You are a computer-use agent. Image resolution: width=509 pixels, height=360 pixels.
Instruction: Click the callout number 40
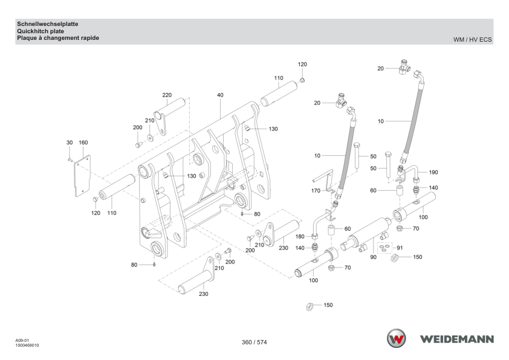click(220, 95)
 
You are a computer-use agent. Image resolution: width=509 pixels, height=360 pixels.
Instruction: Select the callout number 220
click(167, 95)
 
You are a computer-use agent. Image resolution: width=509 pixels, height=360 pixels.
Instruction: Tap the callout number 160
click(83, 143)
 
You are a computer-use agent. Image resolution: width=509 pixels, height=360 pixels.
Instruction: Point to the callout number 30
click(70, 143)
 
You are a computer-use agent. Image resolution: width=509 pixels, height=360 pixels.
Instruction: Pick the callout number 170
click(316, 191)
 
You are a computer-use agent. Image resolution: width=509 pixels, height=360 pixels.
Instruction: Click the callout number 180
click(300, 236)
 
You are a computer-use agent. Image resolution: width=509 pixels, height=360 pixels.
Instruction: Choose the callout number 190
click(433, 172)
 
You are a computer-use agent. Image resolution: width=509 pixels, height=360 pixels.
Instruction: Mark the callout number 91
click(400, 248)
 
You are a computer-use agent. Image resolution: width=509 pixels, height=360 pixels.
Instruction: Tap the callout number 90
click(374, 257)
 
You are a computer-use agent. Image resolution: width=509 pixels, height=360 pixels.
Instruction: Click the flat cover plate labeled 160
click(82, 176)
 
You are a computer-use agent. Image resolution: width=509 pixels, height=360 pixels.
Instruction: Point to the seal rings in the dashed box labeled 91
click(384, 247)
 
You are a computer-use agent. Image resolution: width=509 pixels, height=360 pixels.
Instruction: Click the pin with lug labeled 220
click(169, 114)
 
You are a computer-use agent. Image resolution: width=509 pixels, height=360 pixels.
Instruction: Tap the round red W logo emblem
click(397, 339)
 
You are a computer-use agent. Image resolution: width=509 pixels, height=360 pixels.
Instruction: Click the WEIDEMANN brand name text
click(457, 339)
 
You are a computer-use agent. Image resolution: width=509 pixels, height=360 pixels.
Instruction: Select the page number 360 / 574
click(254, 342)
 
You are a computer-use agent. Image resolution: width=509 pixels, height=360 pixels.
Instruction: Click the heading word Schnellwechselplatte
click(48, 24)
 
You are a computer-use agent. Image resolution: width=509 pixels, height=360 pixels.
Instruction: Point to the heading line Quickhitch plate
click(41, 31)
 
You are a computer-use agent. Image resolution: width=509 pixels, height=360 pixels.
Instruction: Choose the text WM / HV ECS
click(472, 40)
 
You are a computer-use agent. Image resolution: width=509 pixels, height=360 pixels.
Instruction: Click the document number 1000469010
click(27, 346)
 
